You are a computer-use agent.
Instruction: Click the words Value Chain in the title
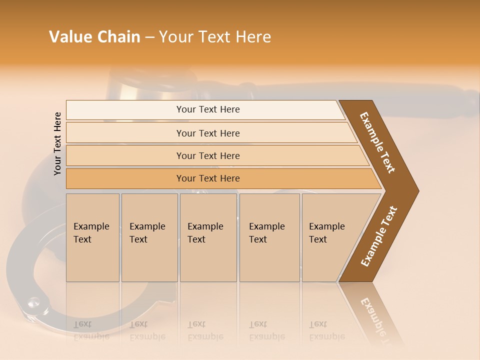(x=94, y=37)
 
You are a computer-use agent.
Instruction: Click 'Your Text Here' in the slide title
(x=215, y=37)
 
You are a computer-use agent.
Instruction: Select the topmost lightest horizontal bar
(x=207, y=109)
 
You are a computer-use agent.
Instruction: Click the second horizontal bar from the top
(x=207, y=133)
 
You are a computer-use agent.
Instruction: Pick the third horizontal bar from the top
(x=207, y=155)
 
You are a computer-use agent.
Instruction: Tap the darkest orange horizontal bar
(x=207, y=178)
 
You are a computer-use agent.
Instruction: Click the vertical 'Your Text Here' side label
(x=57, y=143)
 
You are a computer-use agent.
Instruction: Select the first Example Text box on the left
(x=92, y=237)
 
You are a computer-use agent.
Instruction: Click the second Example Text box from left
(x=149, y=237)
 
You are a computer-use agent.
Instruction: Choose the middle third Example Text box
(x=208, y=237)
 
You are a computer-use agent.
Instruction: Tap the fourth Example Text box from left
(x=269, y=237)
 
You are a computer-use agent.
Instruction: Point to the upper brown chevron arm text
(x=377, y=142)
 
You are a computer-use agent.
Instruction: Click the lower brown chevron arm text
(x=379, y=236)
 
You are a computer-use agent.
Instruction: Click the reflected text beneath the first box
(x=91, y=330)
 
